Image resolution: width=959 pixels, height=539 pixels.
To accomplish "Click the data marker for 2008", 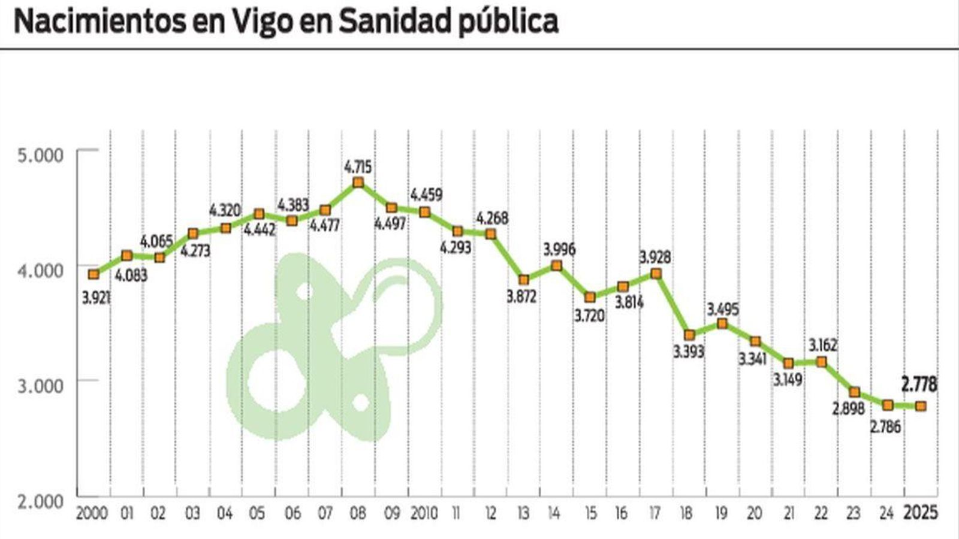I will (358, 183).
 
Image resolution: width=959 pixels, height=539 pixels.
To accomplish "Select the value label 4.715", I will (358, 165).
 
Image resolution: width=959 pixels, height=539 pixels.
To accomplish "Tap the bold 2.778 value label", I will (919, 384).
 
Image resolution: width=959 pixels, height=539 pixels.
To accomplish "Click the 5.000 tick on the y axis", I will (41, 155).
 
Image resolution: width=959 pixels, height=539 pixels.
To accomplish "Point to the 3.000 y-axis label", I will (41, 386).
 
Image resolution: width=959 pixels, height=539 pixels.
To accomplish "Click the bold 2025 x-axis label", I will (920, 514).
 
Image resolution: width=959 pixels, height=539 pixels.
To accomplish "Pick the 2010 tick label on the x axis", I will (424, 514).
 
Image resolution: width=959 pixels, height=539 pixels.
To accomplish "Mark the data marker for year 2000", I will (93, 274).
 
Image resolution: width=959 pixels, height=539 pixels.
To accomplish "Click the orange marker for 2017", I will (656, 274).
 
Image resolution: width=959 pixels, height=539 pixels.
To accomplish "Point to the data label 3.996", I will (559, 249).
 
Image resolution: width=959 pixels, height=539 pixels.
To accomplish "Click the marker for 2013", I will (524, 280).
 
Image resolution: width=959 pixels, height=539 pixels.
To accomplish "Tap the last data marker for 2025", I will (921, 406).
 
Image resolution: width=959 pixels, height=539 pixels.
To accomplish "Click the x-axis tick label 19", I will (721, 514).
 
